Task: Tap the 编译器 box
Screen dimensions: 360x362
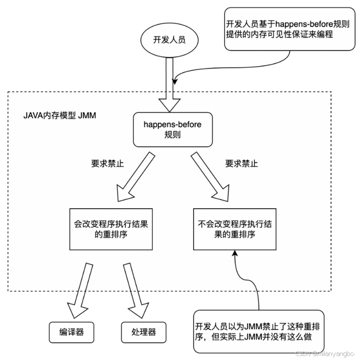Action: (x=72, y=332)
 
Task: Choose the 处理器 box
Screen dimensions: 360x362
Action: (x=143, y=332)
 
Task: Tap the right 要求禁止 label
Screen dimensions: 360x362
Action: (x=241, y=163)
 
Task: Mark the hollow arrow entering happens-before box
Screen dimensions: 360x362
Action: (x=168, y=102)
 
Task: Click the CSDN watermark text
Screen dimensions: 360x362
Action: (x=326, y=353)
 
